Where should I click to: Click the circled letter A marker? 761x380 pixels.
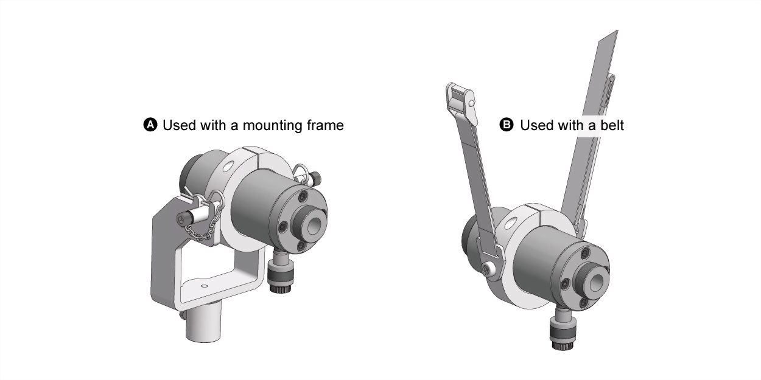click(150, 125)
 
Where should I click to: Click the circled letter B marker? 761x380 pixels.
click(506, 125)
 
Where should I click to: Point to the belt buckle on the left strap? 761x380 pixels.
click(461, 103)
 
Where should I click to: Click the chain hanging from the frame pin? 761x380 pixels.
click(206, 217)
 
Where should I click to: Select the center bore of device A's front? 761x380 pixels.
click(315, 226)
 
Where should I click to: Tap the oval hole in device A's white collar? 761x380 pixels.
click(228, 166)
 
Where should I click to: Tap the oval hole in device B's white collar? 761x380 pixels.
click(510, 224)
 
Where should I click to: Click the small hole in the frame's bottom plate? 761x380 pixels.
click(204, 286)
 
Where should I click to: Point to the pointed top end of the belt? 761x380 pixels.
click(617, 30)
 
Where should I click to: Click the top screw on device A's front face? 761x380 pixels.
click(303, 196)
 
